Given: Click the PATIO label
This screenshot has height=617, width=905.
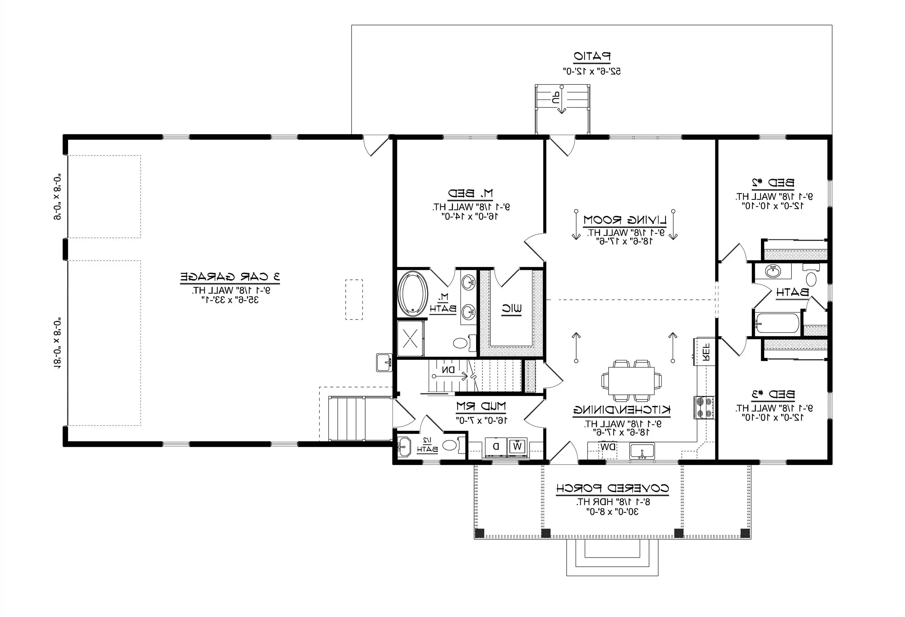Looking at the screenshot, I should coord(592,56).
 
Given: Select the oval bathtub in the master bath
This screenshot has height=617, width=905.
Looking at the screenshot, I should coord(412,294).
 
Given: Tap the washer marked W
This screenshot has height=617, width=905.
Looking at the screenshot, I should coord(517,446).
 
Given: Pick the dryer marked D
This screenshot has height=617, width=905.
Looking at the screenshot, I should coord(496,446).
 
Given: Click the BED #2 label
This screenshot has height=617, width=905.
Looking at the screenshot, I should coord(773,183).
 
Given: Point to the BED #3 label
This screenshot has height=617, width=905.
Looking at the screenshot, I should coord(773,394).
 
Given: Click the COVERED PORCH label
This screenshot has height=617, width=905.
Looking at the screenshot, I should coord(612,488).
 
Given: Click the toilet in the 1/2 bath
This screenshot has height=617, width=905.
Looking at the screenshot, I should coord(450,445).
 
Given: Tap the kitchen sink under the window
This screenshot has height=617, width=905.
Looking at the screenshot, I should coord(642,451).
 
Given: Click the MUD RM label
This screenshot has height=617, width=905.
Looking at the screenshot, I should coord(481,407).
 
